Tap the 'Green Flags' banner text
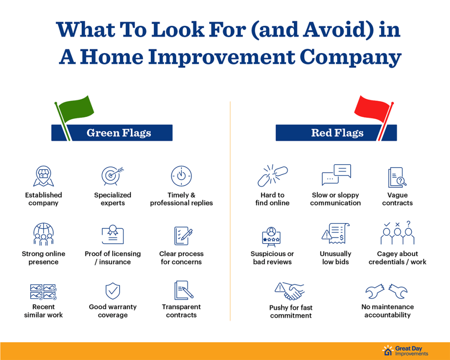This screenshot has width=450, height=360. pos(119,133)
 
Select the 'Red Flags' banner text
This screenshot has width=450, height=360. pos(337,133)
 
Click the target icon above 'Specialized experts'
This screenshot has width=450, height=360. pos(112,176)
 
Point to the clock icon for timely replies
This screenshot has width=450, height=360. pos(181,176)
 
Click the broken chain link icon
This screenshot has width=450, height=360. pos(272,176)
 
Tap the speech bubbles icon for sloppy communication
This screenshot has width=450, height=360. pos(336,175)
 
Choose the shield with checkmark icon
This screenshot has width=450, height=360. pos(113,291)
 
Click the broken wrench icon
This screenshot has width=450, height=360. pos(386,291)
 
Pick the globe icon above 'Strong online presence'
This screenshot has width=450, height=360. pos(44,234)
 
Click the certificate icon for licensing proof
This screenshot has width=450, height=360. pos(113,234)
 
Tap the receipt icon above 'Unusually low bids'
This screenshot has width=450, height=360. pos(335,233)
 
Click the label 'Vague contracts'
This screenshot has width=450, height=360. pos(397,199)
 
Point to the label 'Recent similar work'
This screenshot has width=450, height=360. pos(44,311)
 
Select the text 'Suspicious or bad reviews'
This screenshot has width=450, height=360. pos(272,258)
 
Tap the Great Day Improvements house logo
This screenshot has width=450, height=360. pos(388,350)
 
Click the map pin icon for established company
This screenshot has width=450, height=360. pos(44,176)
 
